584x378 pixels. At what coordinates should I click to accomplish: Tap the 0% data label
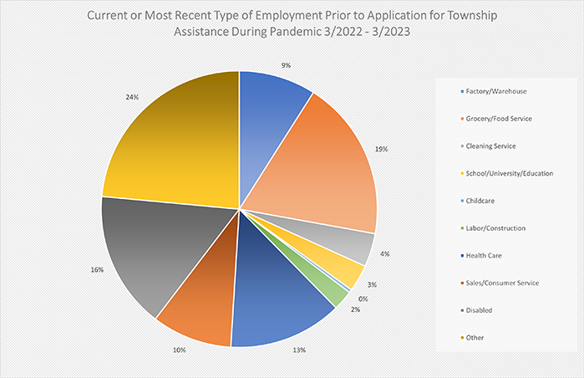point(362,299)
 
